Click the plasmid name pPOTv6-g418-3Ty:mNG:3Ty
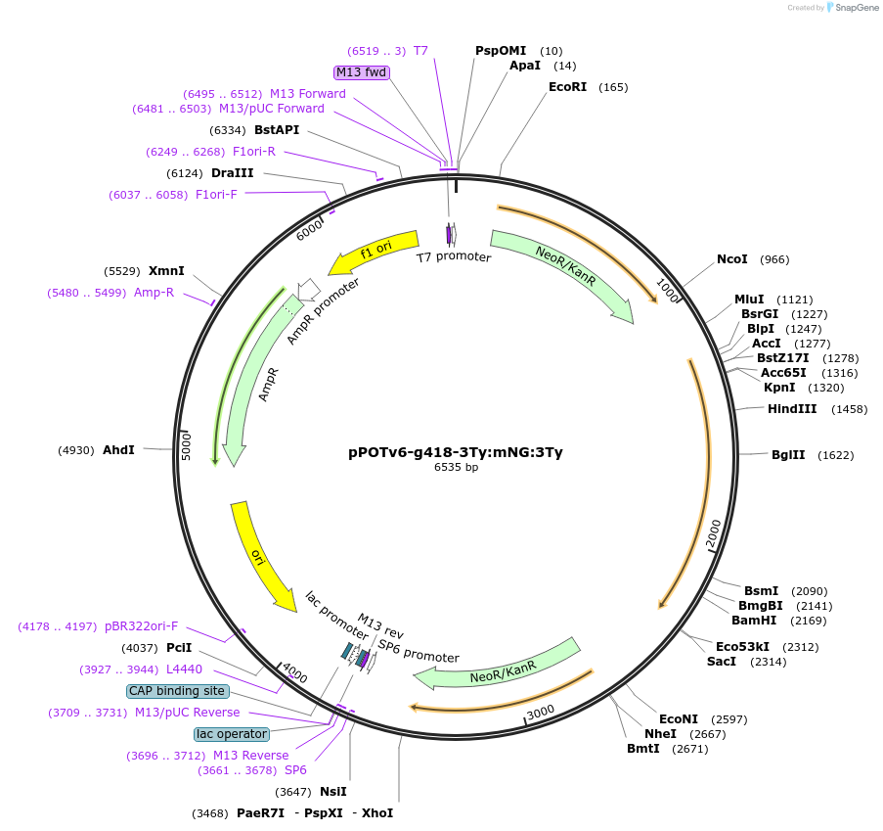(x=456, y=452)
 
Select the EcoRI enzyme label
(x=567, y=87)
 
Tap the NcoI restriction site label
(x=732, y=259)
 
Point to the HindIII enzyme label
(x=792, y=409)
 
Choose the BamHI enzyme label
(x=754, y=620)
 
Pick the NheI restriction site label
(x=660, y=734)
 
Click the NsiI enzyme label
(x=333, y=792)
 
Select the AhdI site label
(x=118, y=450)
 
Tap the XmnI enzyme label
(x=166, y=270)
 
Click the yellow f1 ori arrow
(x=374, y=252)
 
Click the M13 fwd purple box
(x=362, y=72)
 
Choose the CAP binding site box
(x=178, y=691)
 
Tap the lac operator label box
(x=232, y=734)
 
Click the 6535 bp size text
(x=456, y=468)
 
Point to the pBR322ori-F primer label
(x=142, y=626)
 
